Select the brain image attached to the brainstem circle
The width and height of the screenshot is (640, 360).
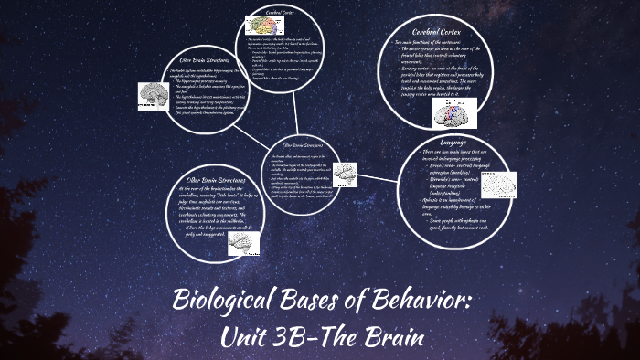344,173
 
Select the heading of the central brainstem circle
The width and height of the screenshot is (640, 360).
302,144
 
